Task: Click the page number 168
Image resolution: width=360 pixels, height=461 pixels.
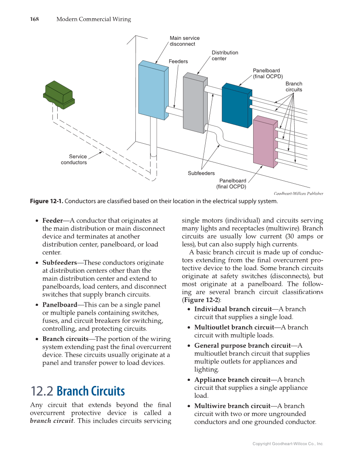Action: [x=34, y=19]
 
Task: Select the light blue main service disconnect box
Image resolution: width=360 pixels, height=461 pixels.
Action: [x=152, y=90]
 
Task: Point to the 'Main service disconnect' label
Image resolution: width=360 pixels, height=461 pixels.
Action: [x=184, y=41]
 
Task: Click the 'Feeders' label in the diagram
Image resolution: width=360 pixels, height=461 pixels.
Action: [x=178, y=61]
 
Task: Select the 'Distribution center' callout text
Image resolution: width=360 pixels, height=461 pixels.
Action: [x=225, y=56]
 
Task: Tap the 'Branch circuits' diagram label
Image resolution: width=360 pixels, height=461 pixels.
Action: [x=293, y=87]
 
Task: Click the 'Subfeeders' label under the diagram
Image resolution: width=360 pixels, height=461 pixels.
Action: [x=201, y=173]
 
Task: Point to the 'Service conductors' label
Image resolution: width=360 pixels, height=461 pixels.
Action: [x=74, y=159]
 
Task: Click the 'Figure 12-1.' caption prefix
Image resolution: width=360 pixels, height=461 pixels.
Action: [x=46, y=201]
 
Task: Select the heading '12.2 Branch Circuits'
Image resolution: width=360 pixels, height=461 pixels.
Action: [x=78, y=391]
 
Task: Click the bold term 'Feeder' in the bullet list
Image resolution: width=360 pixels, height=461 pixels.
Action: [x=53, y=221]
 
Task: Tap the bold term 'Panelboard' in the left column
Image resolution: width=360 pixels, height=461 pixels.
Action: [x=59, y=305]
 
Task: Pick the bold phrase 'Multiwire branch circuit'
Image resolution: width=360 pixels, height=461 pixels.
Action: [x=232, y=406]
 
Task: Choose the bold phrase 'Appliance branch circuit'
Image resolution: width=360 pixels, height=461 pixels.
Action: [x=232, y=380]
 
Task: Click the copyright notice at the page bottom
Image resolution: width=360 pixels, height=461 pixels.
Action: [x=287, y=444]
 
